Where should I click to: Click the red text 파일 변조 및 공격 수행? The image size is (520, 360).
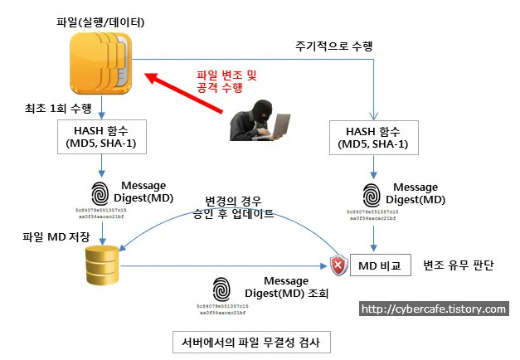pyautogui.click(x=226, y=81)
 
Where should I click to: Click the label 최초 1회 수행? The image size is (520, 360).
pyautogui.click(x=60, y=109)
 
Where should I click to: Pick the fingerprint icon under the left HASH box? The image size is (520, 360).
pyautogui.click(x=100, y=192)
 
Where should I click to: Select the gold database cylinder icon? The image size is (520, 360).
pyautogui.click(x=102, y=266)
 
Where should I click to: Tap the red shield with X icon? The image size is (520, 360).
pyautogui.click(x=338, y=266)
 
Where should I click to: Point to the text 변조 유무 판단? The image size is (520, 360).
pyautogui.click(x=458, y=266)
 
